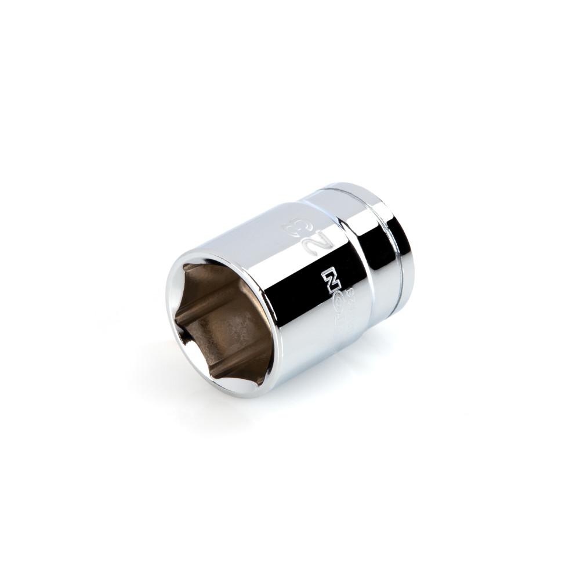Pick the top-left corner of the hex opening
pos(184,268)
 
